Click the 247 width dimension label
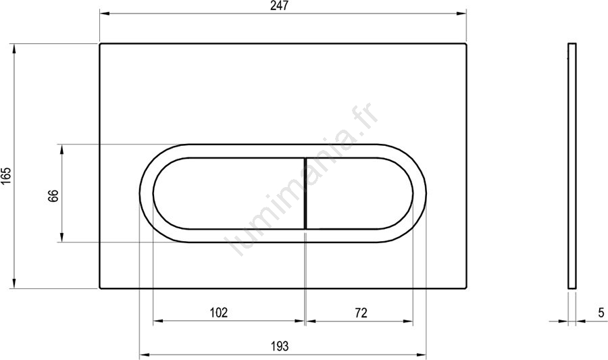[279, 6]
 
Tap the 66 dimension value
[53, 196]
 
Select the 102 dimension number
[219, 312]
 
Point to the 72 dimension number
[361, 312]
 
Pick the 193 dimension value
[280, 345]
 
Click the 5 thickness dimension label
[601, 312]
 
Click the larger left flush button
[229, 193]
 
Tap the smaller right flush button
[359, 193]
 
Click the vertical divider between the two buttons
[305, 193]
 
